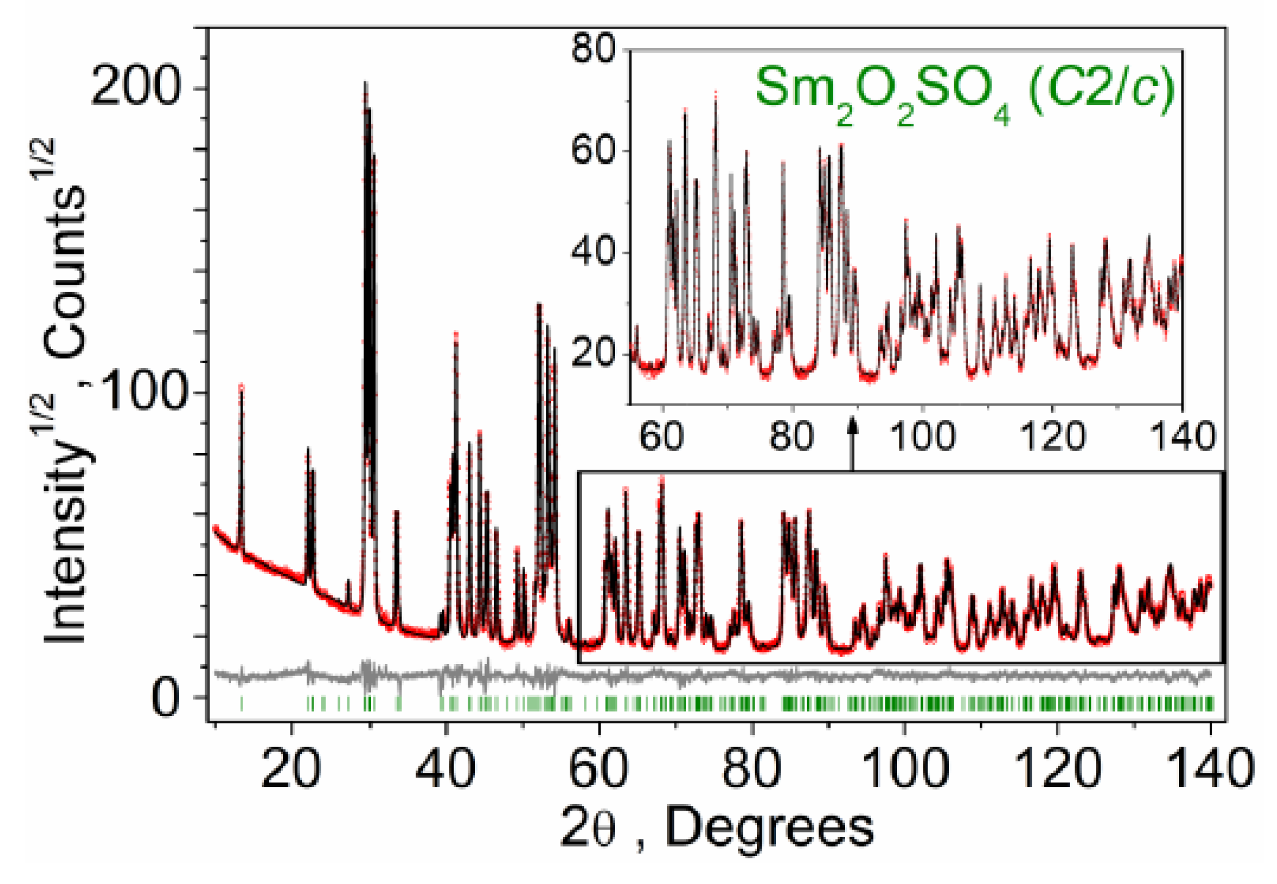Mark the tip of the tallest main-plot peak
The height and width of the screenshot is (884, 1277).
[x=365, y=84]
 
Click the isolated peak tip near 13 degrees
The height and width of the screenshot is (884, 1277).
[x=241, y=386]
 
